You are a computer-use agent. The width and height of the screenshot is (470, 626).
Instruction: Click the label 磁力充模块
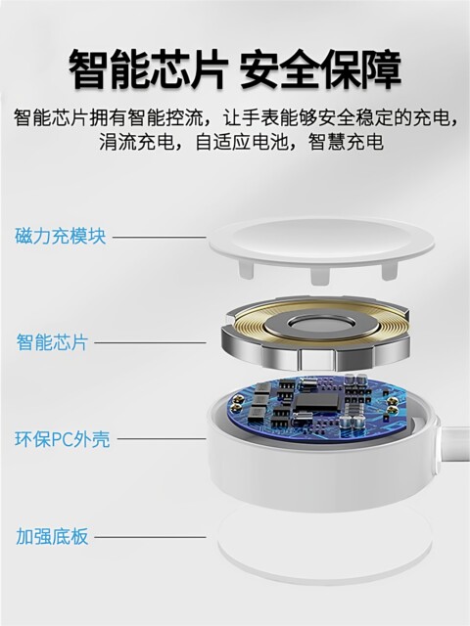point(61,237)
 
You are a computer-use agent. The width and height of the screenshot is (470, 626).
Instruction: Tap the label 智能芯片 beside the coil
point(52,342)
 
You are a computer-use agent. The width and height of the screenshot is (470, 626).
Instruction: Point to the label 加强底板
point(52,536)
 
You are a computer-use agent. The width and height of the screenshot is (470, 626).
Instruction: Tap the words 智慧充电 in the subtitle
point(348,143)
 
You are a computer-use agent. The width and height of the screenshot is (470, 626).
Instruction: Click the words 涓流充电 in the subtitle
point(137,143)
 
